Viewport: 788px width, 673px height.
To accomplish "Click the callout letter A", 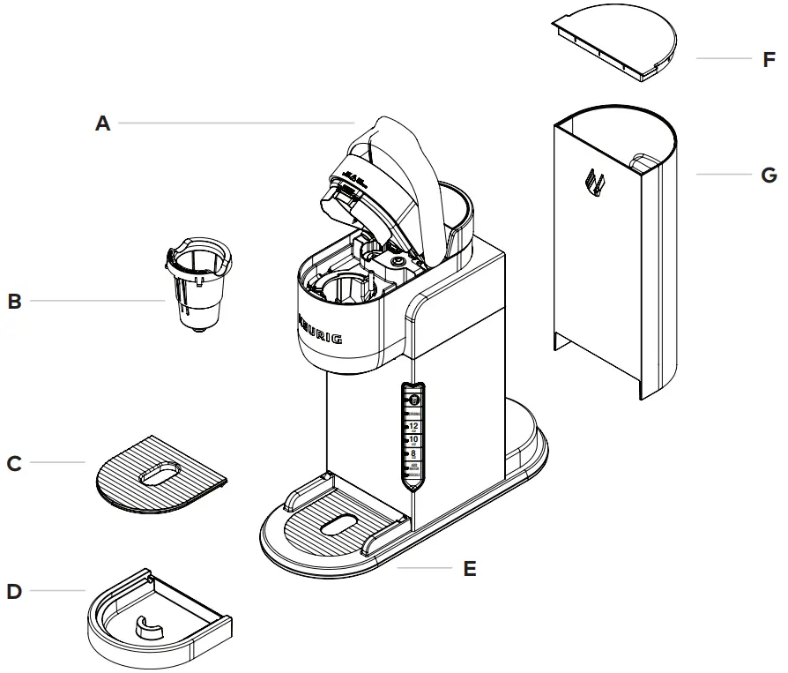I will click(103, 123).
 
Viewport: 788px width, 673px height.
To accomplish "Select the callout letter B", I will click(14, 302).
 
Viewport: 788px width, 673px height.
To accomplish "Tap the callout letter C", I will click(14, 462).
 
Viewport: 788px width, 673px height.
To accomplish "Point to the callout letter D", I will click(14, 590).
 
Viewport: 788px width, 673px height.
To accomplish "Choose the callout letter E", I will click(470, 569).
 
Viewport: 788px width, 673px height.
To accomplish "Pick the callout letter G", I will click(769, 175).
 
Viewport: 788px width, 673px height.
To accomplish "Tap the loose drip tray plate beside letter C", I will click(160, 474).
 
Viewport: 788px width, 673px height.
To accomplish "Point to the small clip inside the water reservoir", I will click(596, 183).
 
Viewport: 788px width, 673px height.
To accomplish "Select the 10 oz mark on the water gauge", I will click(413, 439).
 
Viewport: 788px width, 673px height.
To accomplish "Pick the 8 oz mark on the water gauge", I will click(413, 453).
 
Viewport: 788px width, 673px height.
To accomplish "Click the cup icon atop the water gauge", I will click(413, 400).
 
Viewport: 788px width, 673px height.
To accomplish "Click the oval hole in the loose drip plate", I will click(160, 473).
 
